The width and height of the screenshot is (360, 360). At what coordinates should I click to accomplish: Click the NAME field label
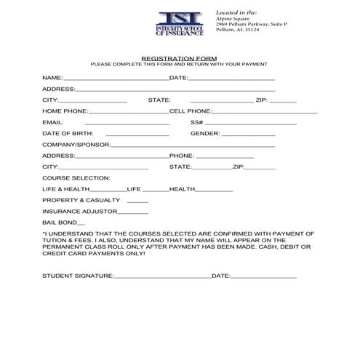click(x=52, y=76)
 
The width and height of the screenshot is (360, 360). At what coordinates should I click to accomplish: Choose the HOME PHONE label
click(x=65, y=111)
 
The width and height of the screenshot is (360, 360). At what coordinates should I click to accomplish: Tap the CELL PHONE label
click(x=190, y=111)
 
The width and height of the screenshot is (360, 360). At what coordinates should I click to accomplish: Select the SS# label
click(x=196, y=122)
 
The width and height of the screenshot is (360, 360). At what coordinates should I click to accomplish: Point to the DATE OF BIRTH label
click(x=66, y=133)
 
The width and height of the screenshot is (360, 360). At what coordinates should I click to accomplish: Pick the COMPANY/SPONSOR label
click(x=76, y=144)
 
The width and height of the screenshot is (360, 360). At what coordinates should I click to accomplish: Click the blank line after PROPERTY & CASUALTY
click(x=137, y=201)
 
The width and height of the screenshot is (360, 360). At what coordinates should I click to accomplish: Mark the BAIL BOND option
click(x=63, y=223)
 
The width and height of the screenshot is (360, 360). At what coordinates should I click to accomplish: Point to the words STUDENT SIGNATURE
click(x=78, y=276)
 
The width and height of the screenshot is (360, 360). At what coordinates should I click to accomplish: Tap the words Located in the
click(x=237, y=12)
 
